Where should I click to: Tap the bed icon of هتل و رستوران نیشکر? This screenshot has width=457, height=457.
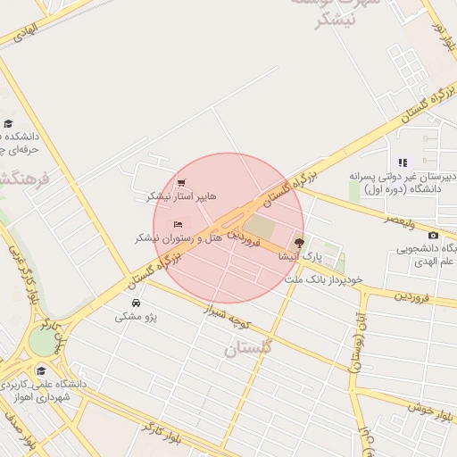178,224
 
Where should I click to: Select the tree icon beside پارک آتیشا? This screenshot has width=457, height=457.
299,243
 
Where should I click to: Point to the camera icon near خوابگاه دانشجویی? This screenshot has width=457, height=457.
434,235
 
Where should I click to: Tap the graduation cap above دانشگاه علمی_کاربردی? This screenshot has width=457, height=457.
40,370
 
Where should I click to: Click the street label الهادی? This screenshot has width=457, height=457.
28,29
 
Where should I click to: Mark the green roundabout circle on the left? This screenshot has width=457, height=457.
42,341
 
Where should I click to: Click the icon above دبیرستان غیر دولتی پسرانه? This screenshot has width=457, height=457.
403,162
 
